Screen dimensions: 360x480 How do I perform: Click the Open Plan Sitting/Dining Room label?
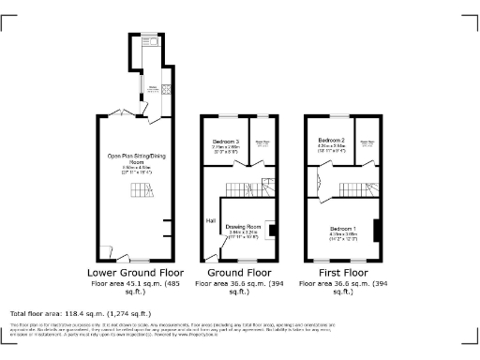coord(131,159)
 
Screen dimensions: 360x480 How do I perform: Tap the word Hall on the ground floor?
coord(212,221)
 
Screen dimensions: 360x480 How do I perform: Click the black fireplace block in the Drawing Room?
coord(271,229)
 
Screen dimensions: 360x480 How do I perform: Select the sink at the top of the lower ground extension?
coord(147,38)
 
